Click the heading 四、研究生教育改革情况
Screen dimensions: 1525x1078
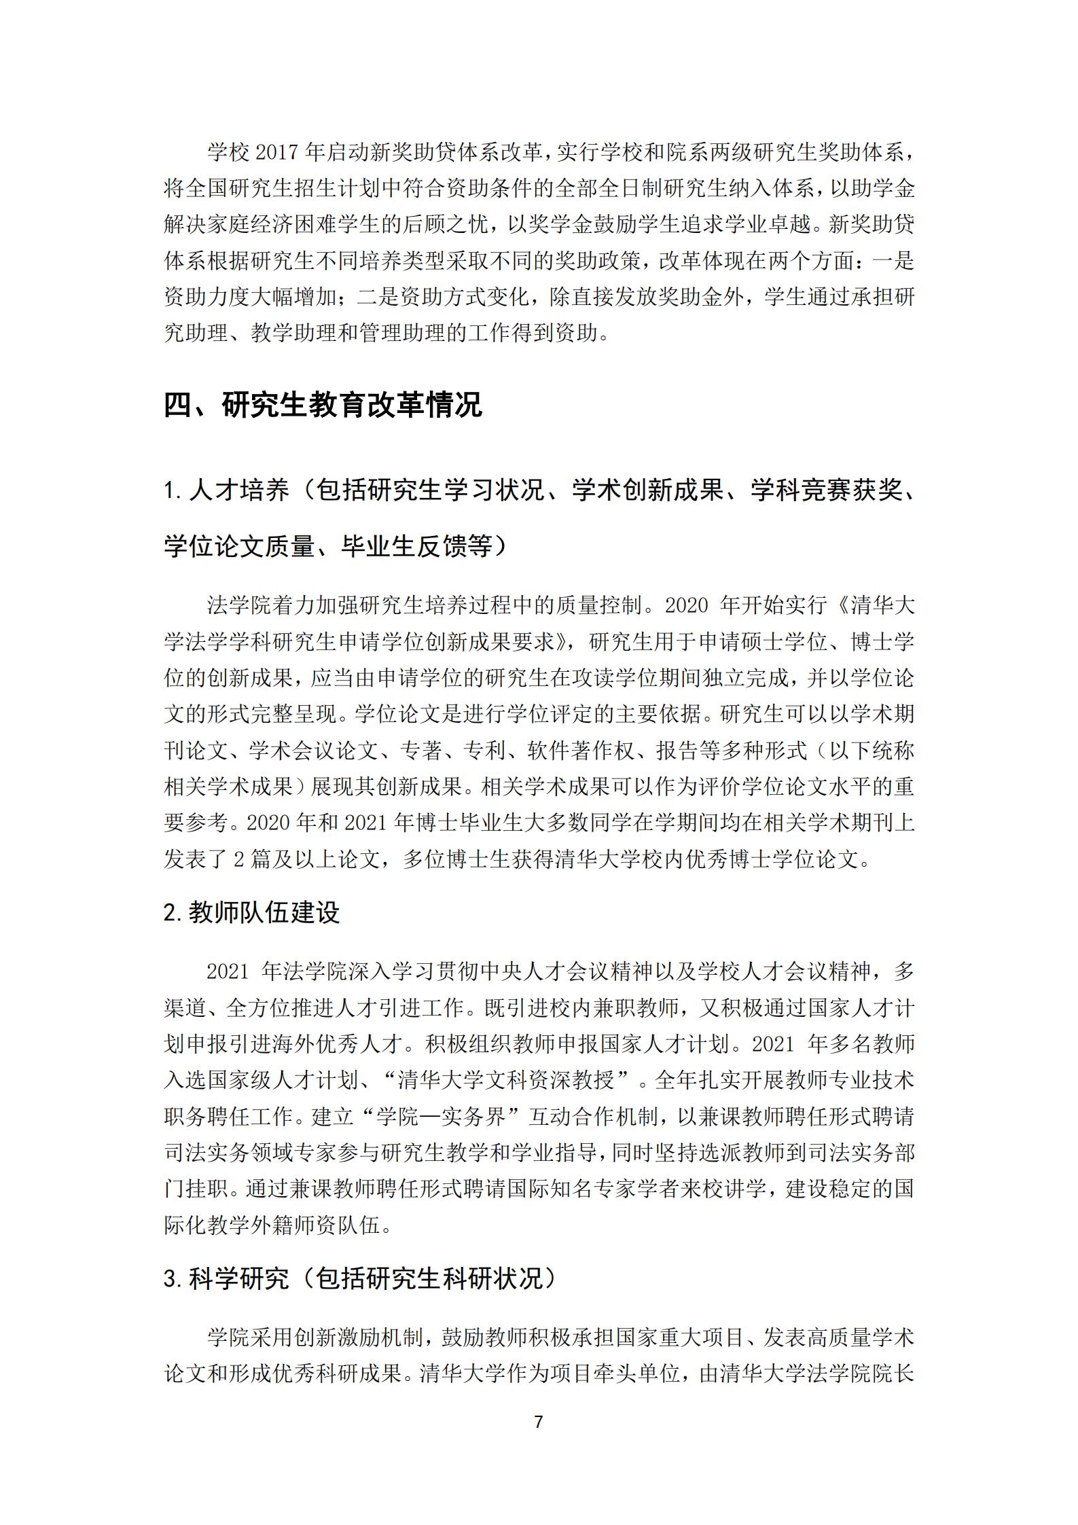pyautogui.click(x=323, y=406)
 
